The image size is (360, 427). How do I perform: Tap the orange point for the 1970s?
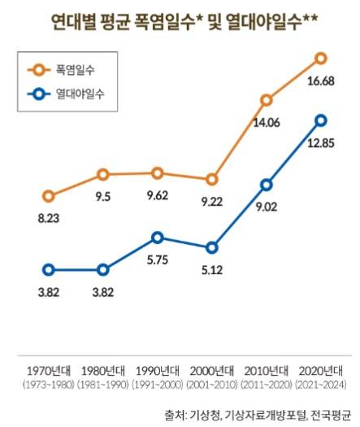coord(49,196)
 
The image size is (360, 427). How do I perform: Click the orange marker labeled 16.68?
coord(320,58)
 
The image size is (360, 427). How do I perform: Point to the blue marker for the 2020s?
coord(320,120)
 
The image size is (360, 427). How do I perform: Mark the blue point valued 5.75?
coord(158,237)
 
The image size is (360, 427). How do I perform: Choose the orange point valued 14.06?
coord(267,100)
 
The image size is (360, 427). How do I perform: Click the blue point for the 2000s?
coord(212,247)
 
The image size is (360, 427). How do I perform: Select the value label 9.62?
coord(158,195)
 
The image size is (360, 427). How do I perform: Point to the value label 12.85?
coord(320,144)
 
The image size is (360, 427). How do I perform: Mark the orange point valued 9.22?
coord(212,179)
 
